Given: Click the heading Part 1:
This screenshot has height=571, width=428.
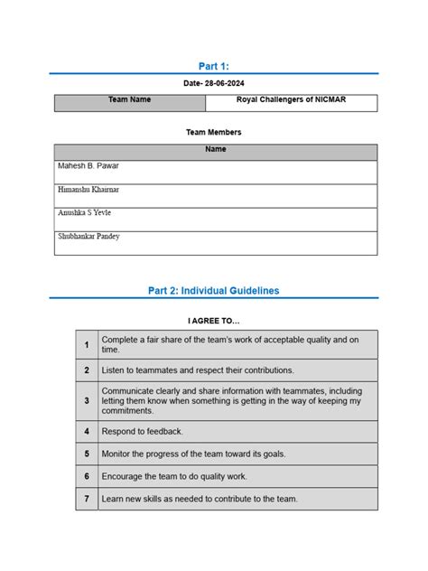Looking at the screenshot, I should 213,65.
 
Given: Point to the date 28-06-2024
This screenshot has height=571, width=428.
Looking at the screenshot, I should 214,83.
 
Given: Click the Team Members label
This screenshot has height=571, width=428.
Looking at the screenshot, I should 213,132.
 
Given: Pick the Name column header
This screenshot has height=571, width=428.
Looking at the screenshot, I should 215,149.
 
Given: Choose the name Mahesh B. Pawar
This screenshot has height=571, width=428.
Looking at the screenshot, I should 88,167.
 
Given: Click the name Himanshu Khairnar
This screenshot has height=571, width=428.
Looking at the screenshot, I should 88,190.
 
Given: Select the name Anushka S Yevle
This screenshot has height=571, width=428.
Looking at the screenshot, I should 85,213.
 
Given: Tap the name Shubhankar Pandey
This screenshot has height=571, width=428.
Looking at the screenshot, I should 89,237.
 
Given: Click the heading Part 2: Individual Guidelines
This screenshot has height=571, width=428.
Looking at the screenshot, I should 213,291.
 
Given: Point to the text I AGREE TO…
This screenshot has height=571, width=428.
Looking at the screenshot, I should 214,320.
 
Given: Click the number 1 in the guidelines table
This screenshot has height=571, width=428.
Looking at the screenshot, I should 87,344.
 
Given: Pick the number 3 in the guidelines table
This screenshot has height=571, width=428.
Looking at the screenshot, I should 87,400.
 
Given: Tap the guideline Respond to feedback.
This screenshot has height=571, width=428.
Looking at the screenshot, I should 143,431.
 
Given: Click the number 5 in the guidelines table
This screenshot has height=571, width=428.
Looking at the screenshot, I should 87,454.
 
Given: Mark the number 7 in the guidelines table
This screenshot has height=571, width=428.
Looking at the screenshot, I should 87,499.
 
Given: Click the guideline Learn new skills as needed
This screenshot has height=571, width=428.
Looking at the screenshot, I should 200,499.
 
